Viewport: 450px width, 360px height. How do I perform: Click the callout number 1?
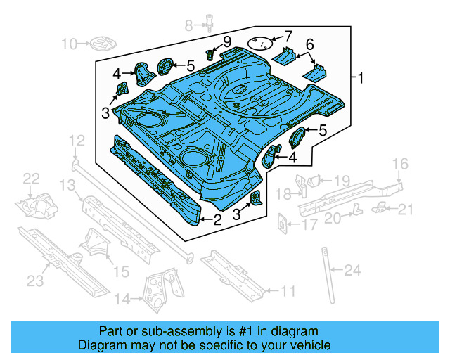click(361, 78)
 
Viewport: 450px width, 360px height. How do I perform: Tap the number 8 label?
click(188, 26)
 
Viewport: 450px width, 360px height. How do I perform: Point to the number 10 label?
click(69, 44)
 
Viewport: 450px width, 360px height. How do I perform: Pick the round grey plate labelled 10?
click(99, 44)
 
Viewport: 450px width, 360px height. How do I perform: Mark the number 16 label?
click(399, 164)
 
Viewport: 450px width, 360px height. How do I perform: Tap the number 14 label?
click(122, 300)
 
